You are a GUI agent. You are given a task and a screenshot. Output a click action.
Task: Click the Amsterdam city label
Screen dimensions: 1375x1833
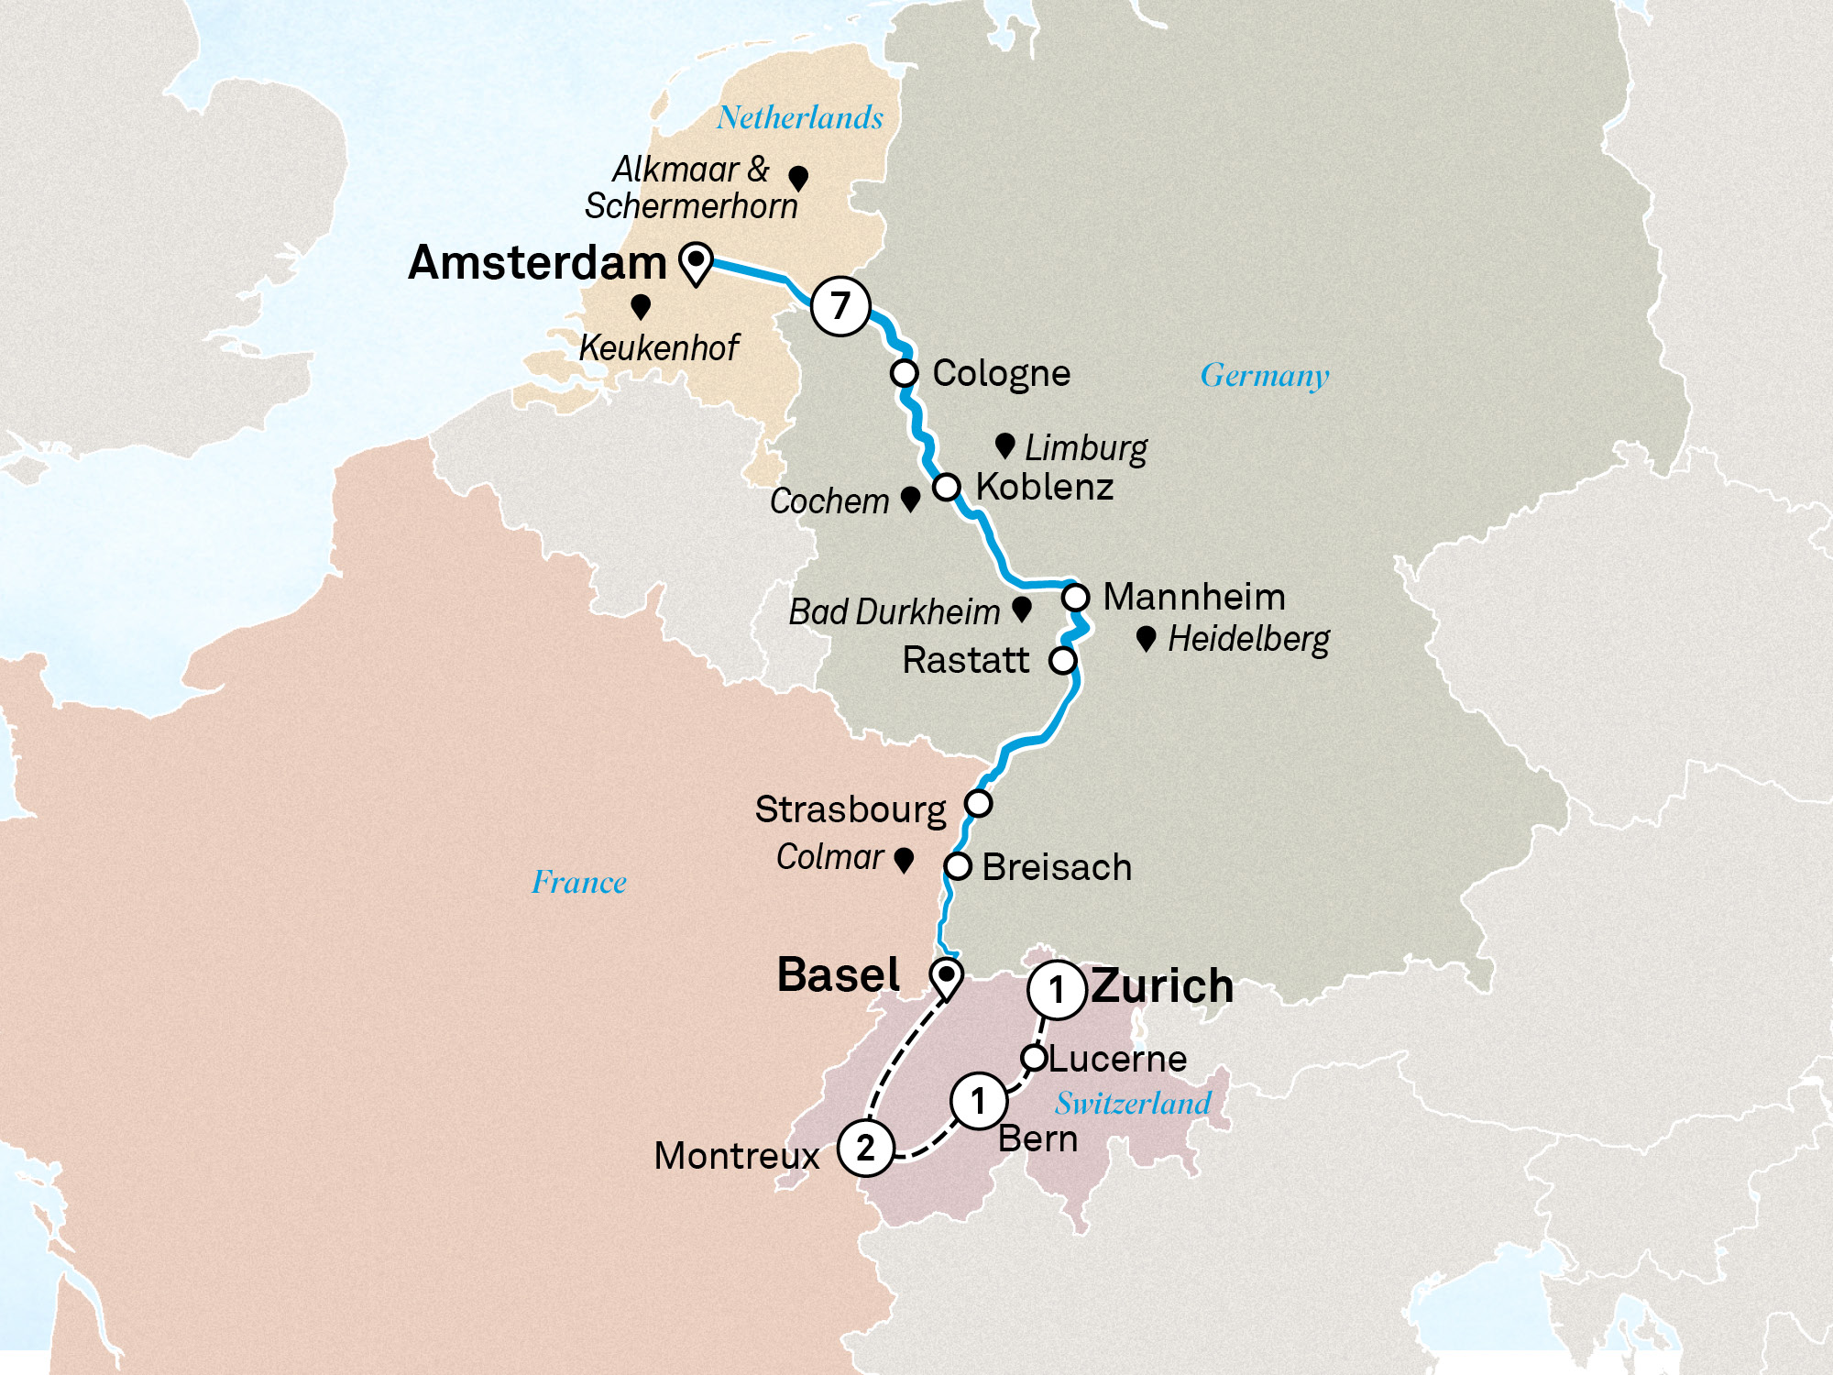pos(537,263)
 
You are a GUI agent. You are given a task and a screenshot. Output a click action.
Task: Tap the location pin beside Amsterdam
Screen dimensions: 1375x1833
pos(697,263)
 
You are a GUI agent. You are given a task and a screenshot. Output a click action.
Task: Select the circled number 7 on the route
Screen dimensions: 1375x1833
pos(840,305)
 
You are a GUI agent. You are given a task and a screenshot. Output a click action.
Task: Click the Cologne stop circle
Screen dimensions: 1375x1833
pos(905,373)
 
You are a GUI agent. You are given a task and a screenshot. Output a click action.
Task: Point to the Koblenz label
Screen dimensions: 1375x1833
pos(1045,487)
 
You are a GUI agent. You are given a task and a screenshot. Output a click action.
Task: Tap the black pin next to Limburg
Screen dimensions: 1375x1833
pos(1004,445)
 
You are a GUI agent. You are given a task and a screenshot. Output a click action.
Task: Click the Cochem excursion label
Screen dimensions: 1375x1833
pos(829,501)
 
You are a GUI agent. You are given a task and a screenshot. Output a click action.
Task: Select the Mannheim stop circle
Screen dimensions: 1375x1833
pos(1075,598)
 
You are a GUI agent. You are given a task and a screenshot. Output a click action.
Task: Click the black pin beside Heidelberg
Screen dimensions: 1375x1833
pos(1146,638)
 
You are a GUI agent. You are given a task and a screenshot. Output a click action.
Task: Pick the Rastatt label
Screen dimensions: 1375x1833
pos(966,660)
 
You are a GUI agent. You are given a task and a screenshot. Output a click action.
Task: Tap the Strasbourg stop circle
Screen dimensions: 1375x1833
pos(979,804)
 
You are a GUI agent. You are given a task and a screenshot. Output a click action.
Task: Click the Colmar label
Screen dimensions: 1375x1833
pos(829,857)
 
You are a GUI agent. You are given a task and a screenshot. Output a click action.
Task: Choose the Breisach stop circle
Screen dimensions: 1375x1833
pos(958,866)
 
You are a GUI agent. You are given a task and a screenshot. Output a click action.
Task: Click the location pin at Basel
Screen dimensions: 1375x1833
pos(946,977)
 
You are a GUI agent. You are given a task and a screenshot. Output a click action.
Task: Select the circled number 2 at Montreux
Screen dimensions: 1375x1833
pos(865,1148)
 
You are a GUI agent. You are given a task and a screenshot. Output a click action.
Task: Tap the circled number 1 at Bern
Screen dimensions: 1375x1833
pos(979,1100)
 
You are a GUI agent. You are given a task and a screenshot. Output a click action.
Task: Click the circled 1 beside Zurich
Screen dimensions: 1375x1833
pos(1057,990)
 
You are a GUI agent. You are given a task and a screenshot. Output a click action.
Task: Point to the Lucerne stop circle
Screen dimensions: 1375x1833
pos(1034,1058)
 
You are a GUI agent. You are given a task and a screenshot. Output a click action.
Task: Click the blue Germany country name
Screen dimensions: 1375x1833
pos(1265,376)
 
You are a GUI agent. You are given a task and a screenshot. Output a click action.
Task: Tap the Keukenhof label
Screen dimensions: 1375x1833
pos(659,348)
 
